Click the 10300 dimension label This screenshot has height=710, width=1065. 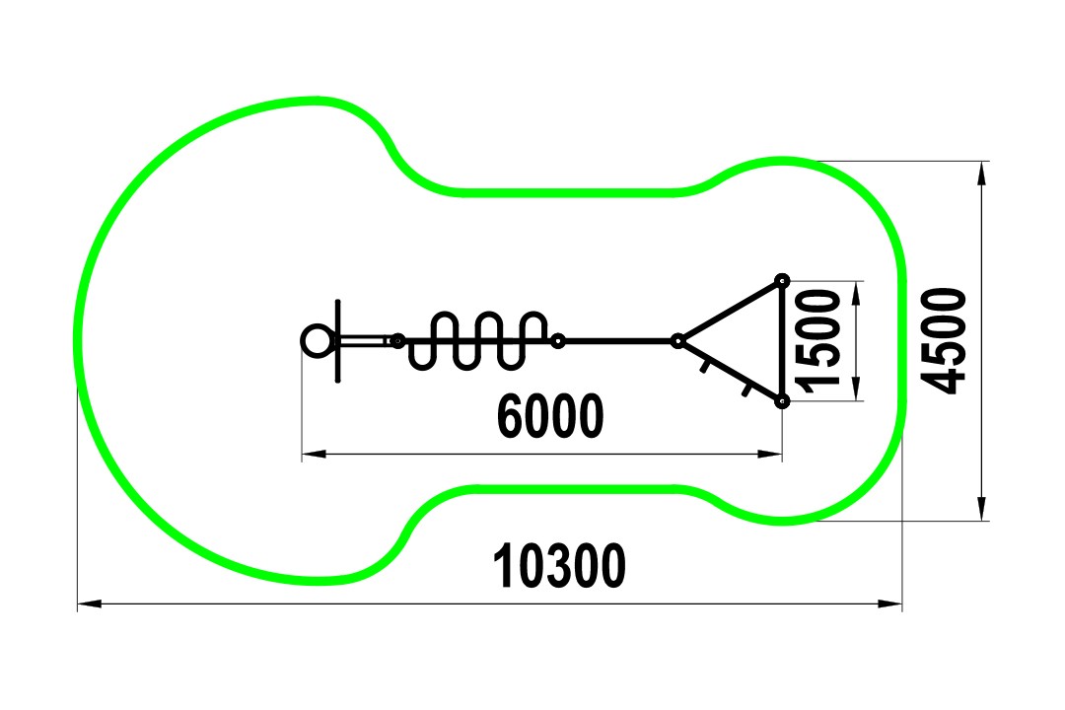click(558, 565)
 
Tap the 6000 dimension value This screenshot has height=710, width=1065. click(550, 416)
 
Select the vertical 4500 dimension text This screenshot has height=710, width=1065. click(944, 340)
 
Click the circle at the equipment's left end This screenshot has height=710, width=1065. click(318, 340)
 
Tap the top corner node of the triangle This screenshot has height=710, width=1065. click(782, 280)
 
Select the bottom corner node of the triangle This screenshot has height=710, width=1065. click(782, 401)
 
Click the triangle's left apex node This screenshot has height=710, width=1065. click(677, 341)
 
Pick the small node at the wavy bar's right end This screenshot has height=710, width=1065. click(557, 341)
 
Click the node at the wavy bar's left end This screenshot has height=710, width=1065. click(398, 341)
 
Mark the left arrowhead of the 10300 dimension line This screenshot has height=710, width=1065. click(90, 603)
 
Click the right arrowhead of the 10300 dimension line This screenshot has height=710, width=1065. click(889, 603)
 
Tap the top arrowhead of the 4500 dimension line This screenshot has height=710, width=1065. click(981, 174)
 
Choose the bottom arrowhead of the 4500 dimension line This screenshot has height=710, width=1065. click(981, 509)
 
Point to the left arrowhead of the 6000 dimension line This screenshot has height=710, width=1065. click(314, 454)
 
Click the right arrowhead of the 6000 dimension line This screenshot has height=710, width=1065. click(769, 454)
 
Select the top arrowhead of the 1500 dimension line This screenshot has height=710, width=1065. click(856, 293)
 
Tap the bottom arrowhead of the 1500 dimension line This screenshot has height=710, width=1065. click(856, 389)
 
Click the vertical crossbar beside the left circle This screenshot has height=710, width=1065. click(338, 340)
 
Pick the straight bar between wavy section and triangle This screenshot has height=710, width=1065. click(617, 341)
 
